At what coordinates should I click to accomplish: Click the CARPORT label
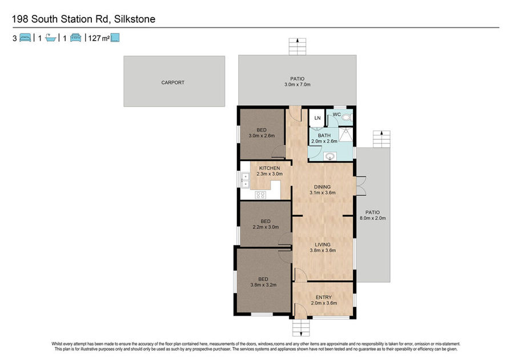[172, 83]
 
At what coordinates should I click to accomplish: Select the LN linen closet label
[318, 118]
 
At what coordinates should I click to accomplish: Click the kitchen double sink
[245, 181]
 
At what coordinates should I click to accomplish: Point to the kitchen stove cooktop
[260, 195]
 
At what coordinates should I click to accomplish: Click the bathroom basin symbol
[330, 157]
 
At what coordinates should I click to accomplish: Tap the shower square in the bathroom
[346, 134]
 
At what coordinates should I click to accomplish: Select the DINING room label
[322, 187]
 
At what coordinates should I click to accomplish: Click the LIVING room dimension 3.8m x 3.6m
[323, 250]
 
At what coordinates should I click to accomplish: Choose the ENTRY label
[324, 297]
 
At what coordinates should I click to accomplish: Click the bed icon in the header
[25, 38]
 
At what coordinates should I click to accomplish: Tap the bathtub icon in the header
[50, 38]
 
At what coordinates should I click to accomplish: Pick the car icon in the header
[76, 38]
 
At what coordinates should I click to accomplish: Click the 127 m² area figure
[99, 38]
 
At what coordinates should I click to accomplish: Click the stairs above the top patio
[298, 46]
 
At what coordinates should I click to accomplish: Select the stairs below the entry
[301, 327]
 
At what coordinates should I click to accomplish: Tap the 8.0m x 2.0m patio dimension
[373, 218]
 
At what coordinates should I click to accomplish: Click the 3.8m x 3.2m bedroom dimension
[263, 285]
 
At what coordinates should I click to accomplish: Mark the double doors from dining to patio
[360, 186]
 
